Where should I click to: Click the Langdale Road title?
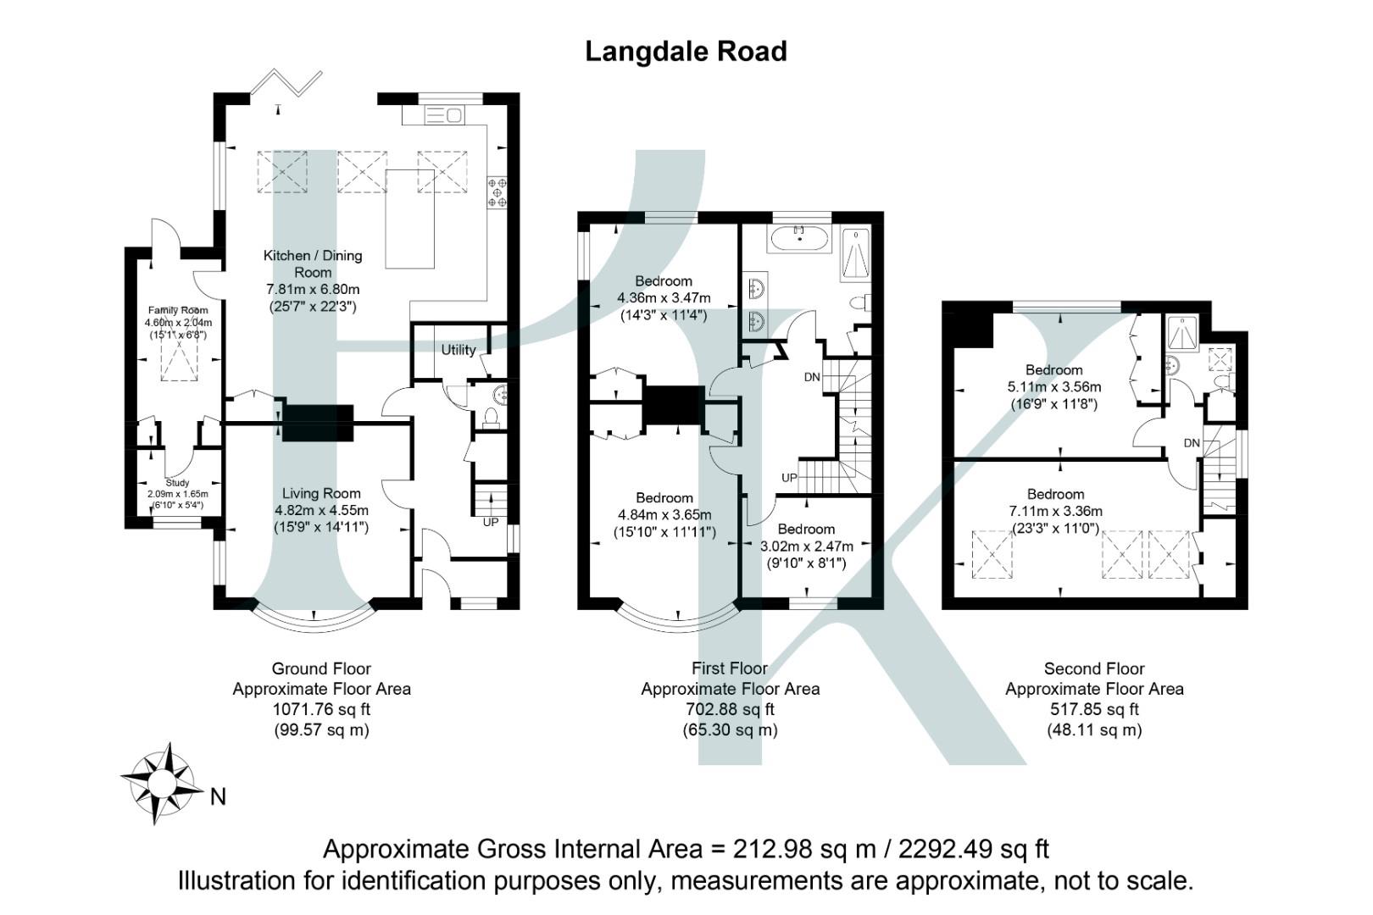(686, 52)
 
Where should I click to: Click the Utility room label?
(459, 350)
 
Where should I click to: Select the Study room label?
(177, 483)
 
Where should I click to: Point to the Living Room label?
(321, 493)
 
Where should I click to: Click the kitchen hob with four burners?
(497, 191)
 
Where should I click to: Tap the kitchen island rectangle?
(409, 219)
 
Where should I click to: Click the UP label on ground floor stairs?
(491, 523)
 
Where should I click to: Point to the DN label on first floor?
(811, 377)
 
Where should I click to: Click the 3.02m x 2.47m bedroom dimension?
(806, 546)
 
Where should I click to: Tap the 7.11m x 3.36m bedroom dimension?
(1055, 511)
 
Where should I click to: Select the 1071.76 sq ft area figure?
(321, 709)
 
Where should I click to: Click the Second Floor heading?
(1093, 668)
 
